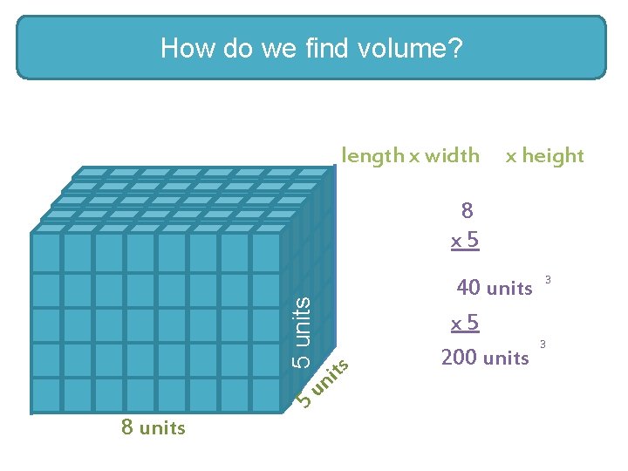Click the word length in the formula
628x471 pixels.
372,155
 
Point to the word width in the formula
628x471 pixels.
451,155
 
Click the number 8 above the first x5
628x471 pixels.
467,209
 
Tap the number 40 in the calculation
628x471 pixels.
469,287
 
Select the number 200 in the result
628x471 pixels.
460,357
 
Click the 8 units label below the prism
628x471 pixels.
154,427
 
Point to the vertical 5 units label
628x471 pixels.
301,331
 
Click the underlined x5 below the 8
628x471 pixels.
465,239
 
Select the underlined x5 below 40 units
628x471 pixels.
465,323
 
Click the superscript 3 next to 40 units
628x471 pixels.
548,279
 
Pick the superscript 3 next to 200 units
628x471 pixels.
543,345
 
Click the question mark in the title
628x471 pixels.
455,48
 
